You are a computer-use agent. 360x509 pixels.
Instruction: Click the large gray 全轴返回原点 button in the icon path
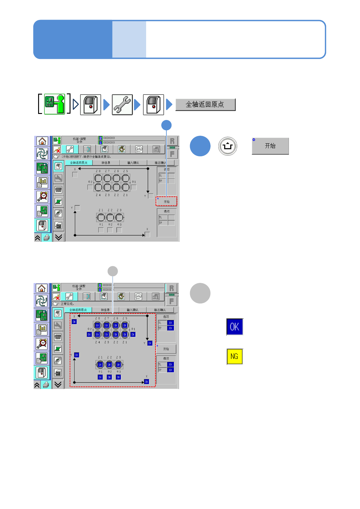[205, 105]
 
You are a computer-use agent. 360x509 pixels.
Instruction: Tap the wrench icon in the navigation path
[122, 105]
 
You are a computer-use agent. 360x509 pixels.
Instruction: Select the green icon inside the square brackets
[55, 104]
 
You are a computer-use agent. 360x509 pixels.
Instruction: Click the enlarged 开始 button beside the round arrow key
[270, 146]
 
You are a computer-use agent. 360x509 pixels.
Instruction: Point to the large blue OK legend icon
[235, 327]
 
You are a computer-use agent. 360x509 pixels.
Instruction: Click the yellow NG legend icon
[235, 356]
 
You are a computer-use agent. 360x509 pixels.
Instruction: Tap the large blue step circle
[200, 146]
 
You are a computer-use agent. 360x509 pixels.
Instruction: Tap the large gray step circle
[200, 293]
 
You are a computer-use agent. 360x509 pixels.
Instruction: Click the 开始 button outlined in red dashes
[166, 201]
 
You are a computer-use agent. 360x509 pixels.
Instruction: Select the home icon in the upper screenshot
[42, 141]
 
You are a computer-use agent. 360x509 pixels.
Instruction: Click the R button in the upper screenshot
[172, 141]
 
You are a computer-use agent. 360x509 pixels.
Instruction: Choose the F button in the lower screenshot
[172, 301]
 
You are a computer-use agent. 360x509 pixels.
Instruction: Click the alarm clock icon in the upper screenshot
[42, 196]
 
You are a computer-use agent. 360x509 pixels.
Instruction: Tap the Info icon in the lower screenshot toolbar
[138, 297]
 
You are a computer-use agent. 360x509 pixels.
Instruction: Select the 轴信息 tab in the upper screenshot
[106, 163]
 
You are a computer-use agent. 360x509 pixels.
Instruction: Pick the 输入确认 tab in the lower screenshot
[133, 310]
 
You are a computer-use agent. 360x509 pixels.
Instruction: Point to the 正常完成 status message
[67, 304]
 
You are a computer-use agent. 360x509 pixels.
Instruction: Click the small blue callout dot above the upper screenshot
[166, 125]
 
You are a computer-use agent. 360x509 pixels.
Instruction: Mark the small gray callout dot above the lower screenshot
[113, 271]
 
